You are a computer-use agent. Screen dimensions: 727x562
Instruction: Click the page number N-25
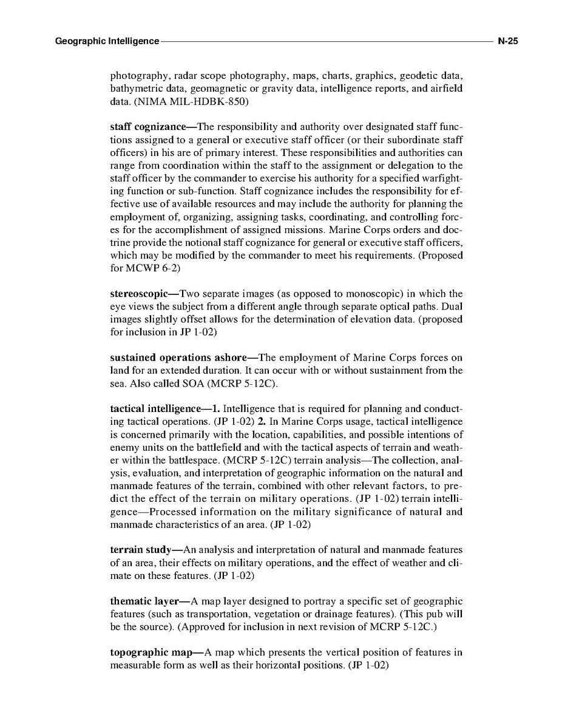tap(507, 41)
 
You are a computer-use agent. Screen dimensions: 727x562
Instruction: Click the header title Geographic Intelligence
tap(107, 41)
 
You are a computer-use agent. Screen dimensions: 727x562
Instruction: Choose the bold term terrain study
tap(140, 549)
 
